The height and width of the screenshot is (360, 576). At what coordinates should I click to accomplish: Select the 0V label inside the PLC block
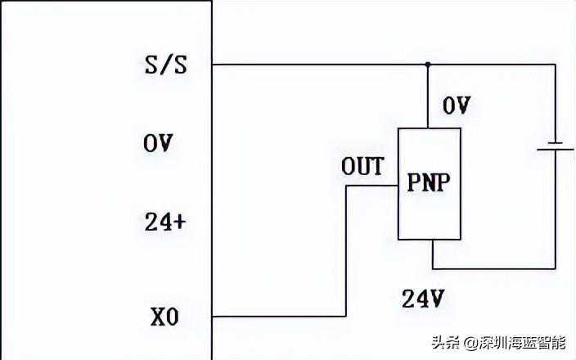[159, 143]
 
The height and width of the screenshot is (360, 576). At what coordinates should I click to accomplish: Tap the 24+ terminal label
[164, 222]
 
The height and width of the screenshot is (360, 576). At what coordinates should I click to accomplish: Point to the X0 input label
[164, 317]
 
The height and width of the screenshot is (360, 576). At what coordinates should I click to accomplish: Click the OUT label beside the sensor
[362, 168]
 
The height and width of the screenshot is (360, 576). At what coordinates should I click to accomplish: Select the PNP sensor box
[428, 183]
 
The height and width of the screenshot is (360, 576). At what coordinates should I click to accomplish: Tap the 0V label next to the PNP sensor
[457, 106]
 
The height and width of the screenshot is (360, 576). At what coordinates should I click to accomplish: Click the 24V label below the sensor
[423, 299]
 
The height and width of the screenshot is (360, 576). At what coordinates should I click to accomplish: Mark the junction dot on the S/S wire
[427, 64]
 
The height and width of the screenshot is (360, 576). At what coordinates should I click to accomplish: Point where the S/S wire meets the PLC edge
[213, 64]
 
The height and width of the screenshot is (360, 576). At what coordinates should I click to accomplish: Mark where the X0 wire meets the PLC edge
[213, 316]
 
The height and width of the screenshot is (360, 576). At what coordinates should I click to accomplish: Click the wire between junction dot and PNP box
[427, 96]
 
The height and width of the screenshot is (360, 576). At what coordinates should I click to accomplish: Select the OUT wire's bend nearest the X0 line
[345, 316]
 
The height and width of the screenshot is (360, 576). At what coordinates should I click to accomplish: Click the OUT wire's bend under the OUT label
[345, 186]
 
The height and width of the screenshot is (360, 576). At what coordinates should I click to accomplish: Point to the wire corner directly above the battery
[556, 64]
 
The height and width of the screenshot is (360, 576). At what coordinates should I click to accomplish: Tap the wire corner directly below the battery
[556, 268]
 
